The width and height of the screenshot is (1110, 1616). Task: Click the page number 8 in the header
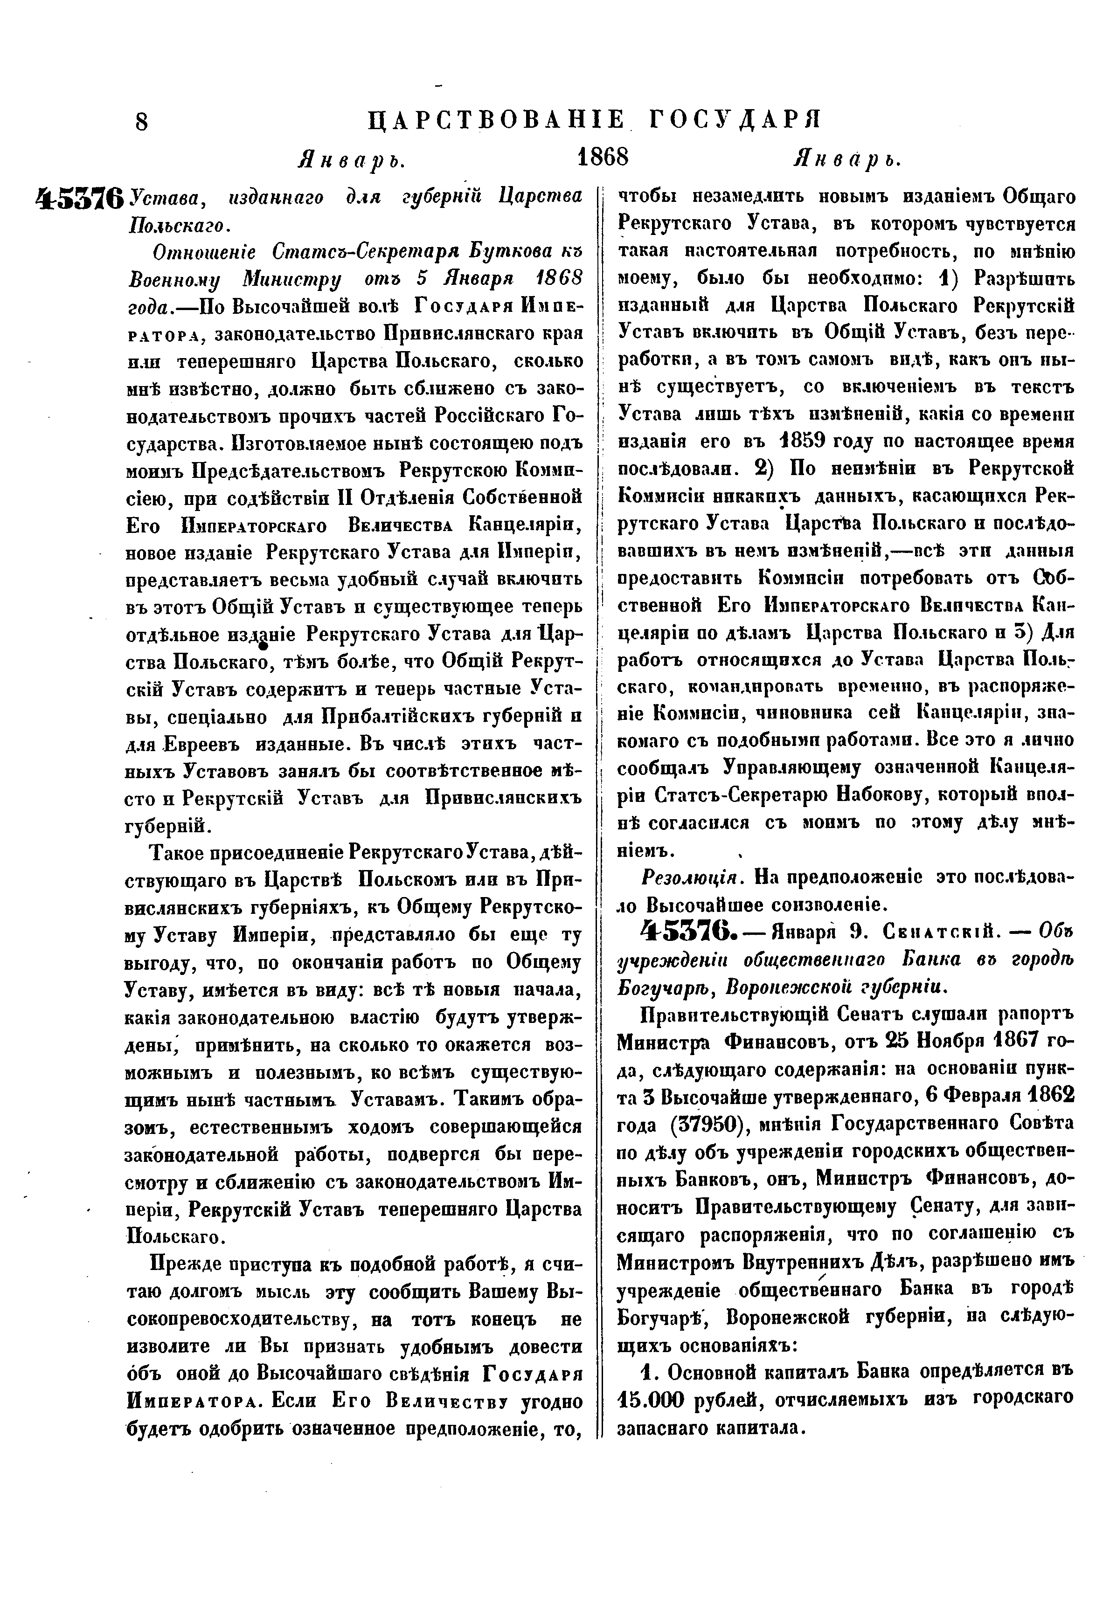click(x=142, y=122)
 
